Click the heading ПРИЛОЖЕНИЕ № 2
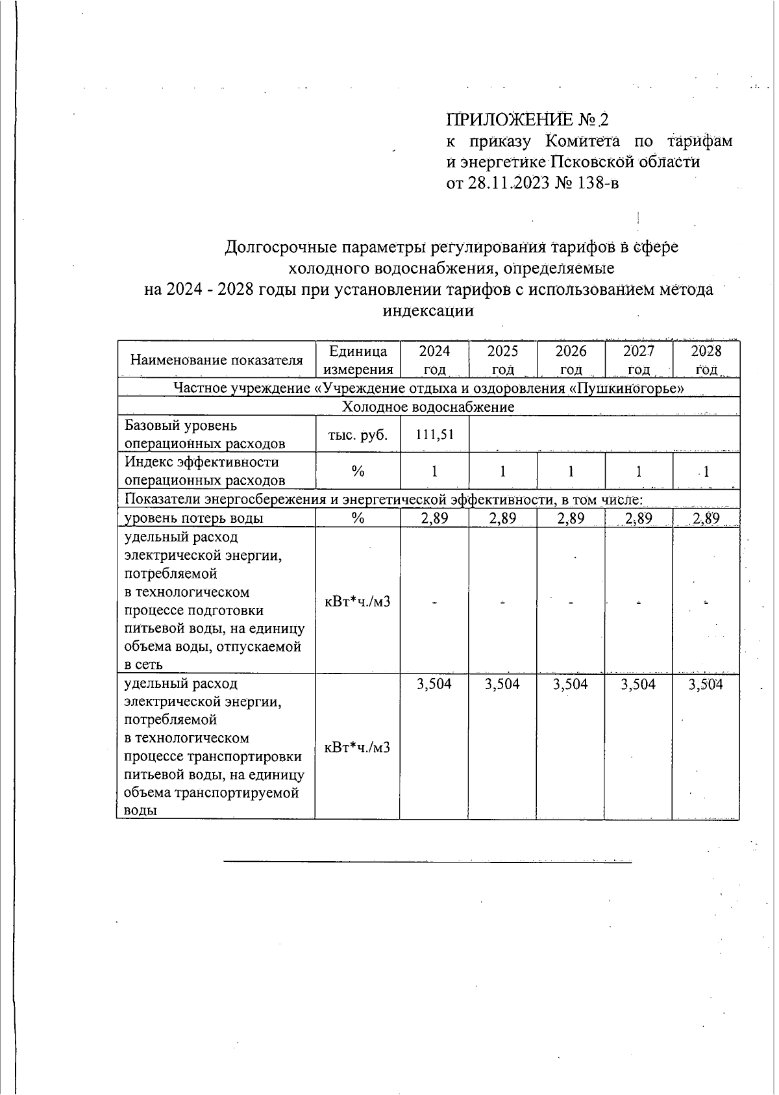[x=528, y=120]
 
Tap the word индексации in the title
[x=428, y=310]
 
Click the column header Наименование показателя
[x=216, y=360]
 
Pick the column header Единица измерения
[x=358, y=360]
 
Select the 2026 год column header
[x=571, y=360]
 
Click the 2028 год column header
[x=706, y=360]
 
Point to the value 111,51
[x=434, y=434]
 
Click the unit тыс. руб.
[x=358, y=434]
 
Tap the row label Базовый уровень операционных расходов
[x=204, y=434]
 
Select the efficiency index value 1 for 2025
[x=502, y=472]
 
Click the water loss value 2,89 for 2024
[x=434, y=518]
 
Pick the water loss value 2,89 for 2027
[x=638, y=518]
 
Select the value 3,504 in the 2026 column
[x=571, y=684]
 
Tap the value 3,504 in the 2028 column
[x=706, y=684]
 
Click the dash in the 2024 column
[x=434, y=602]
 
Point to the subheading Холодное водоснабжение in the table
[x=428, y=407]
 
